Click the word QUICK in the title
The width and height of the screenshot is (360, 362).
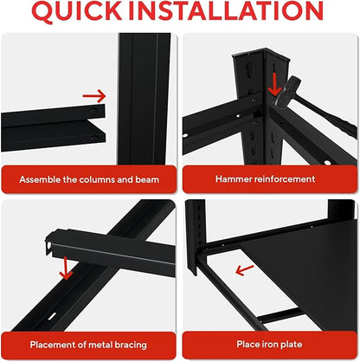pyautogui.click(x=77, y=11)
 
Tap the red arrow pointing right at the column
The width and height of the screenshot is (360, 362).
pyautogui.click(x=94, y=96)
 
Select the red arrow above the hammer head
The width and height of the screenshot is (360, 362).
pyautogui.click(x=274, y=84)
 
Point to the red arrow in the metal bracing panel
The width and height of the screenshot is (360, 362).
pyautogui.click(x=66, y=268)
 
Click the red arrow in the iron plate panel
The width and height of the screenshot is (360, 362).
pyautogui.click(x=244, y=270)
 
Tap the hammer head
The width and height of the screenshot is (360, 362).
pyautogui.click(x=286, y=93)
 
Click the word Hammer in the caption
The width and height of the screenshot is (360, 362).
pyautogui.click(x=234, y=179)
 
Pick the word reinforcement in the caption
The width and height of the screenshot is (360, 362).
pyautogui.click(x=285, y=179)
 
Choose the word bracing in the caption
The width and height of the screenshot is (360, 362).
pyautogui.click(x=131, y=345)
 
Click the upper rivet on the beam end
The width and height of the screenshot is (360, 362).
pyautogui.click(x=93, y=111)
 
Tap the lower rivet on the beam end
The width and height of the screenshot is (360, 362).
pyautogui.click(x=93, y=138)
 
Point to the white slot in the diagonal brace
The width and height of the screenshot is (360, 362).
pyautogui.click(x=52, y=316)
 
